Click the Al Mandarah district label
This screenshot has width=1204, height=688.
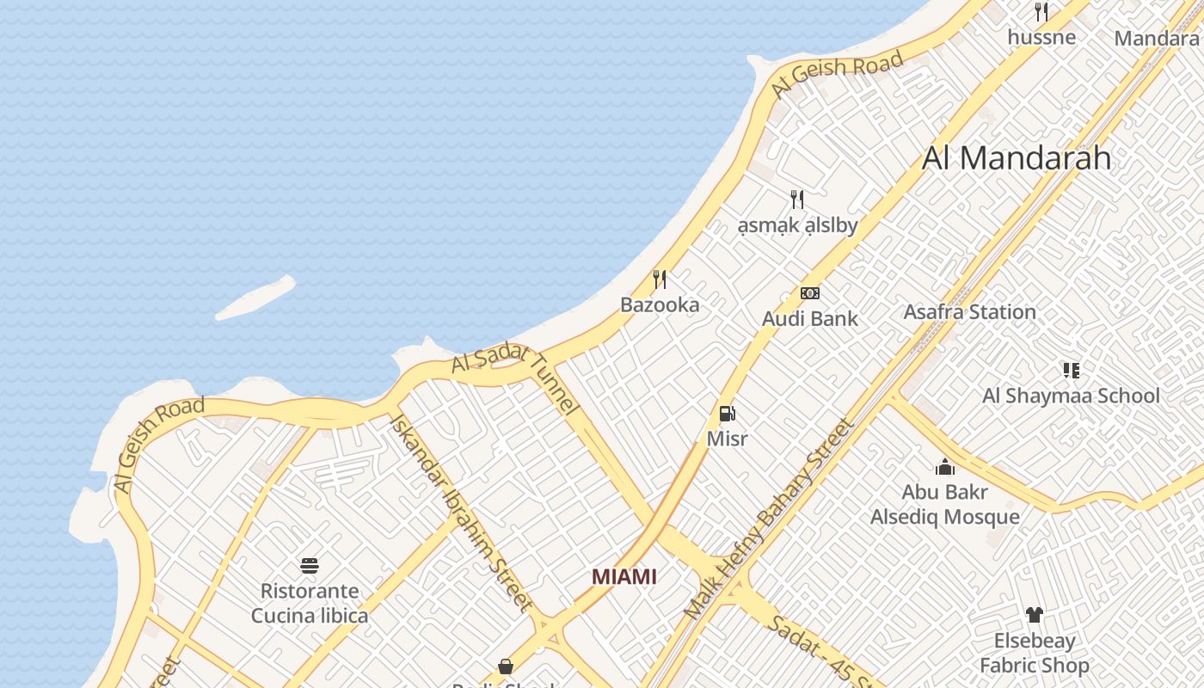click(x=1017, y=158)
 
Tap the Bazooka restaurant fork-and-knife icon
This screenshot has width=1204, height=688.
click(x=660, y=279)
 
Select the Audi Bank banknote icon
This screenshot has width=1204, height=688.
click(x=809, y=293)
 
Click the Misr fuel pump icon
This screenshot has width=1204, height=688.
click(x=727, y=415)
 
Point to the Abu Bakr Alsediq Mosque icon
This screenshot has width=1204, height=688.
click(x=945, y=467)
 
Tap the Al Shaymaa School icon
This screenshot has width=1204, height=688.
click(x=1071, y=371)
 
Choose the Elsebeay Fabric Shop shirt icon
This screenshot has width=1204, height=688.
click(x=1034, y=615)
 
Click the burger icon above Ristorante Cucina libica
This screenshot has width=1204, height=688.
click(x=310, y=566)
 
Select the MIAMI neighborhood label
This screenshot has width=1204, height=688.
click(x=624, y=576)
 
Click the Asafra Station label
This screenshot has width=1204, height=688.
click(x=969, y=312)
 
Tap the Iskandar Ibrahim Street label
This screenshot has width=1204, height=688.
click(x=460, y=512)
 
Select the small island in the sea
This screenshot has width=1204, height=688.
click(x=255, y=298)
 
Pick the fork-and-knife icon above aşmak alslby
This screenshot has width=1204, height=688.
click(x=797, y=200)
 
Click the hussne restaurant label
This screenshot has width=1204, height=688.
click(x=1041, y=37)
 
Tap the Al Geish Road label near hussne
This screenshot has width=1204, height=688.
click(x=837, y=72)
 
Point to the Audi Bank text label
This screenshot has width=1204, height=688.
click(x=809, y=319)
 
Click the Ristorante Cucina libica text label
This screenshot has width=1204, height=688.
click(x=310, y=604)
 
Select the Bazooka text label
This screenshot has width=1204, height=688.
click(x=660, y=305)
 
